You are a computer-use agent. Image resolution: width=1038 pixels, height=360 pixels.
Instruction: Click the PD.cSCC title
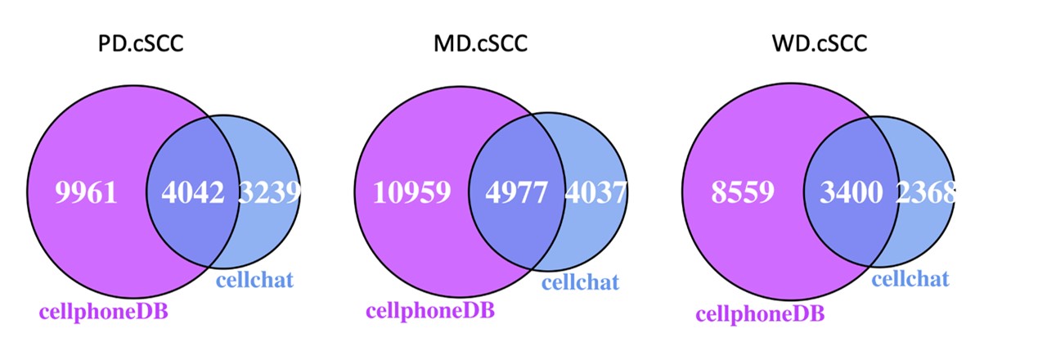click(x=136, y=42)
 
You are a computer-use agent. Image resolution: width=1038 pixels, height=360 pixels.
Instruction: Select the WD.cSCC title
click(x=820, y=42)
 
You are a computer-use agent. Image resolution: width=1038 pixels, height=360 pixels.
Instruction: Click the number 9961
click(x=87, y=193)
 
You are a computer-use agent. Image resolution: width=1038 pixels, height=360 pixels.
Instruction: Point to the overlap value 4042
click(x=193, y=193)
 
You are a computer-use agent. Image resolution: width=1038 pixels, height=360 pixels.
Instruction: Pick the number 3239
click(x=270, y=193)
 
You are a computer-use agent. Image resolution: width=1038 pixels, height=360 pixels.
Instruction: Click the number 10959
click(x=412, y=193)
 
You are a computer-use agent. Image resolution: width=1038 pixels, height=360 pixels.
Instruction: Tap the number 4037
click(x=595, y=193)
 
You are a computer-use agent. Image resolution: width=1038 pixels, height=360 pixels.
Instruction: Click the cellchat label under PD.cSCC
click(x=254, y=281)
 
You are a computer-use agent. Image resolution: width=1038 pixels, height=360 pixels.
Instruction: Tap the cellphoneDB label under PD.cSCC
click(x=103, y=311)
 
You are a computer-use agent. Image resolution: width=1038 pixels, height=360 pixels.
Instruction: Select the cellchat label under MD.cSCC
click(x=580, y=283)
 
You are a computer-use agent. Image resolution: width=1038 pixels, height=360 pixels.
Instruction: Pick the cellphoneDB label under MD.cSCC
click(x=430, y=311)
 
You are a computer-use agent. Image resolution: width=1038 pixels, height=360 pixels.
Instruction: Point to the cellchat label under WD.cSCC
click(x=910, y=280)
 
